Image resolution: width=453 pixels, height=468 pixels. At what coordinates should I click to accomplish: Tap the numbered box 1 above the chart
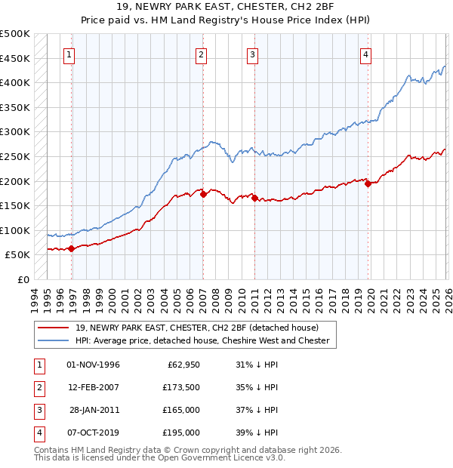click(69, 54)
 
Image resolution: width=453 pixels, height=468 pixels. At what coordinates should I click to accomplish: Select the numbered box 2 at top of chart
click(202, 54)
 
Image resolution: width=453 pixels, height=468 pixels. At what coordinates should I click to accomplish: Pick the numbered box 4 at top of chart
click(365, 54)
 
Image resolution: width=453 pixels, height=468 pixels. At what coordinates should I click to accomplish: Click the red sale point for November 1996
click(71, 248)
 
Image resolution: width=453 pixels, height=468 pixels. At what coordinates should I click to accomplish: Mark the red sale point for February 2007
click(204, 194)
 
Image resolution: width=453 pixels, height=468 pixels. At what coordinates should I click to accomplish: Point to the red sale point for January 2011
click(254, 198)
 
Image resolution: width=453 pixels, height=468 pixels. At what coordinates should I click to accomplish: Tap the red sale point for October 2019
click(367, 183)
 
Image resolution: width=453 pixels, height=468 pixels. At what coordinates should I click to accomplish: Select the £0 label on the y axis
click(23, 280)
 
